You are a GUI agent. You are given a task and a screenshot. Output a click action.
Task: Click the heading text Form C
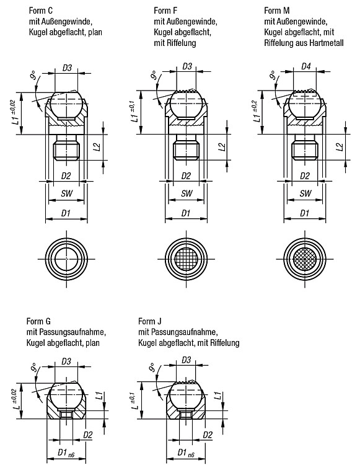tap(41, 11)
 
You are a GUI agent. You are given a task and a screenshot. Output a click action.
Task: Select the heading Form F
tap(165, 11)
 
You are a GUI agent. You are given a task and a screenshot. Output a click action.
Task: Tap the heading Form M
tap(277, 11)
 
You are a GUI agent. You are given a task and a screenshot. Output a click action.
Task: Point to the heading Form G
tap(38, 321)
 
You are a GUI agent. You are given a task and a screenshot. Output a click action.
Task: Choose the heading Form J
tap(150, 321)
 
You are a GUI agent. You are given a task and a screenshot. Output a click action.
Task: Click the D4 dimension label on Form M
tap(305, 66)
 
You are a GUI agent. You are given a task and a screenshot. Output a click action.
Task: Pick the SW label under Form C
tap(67, 193)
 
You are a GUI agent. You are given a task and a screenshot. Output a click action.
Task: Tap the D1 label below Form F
tap(186, 213)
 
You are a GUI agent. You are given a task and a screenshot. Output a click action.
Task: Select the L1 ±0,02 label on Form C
tap(17, 112)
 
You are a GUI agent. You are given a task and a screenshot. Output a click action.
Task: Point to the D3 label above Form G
tap(66, 361)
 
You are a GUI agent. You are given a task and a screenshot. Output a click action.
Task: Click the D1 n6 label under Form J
tap(186, 453)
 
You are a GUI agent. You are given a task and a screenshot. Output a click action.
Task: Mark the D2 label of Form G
tap(88, 435)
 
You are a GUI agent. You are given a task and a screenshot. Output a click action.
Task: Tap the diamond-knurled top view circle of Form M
tap(305, 259)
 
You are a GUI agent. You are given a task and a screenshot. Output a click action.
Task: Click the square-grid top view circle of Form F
tap(187, 259)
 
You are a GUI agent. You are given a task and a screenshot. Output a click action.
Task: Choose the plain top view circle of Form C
tap(66, 259)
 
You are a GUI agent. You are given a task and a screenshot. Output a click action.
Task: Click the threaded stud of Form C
tap(66, 148)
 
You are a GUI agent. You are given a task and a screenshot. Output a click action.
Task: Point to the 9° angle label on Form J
tap(153, 367)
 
